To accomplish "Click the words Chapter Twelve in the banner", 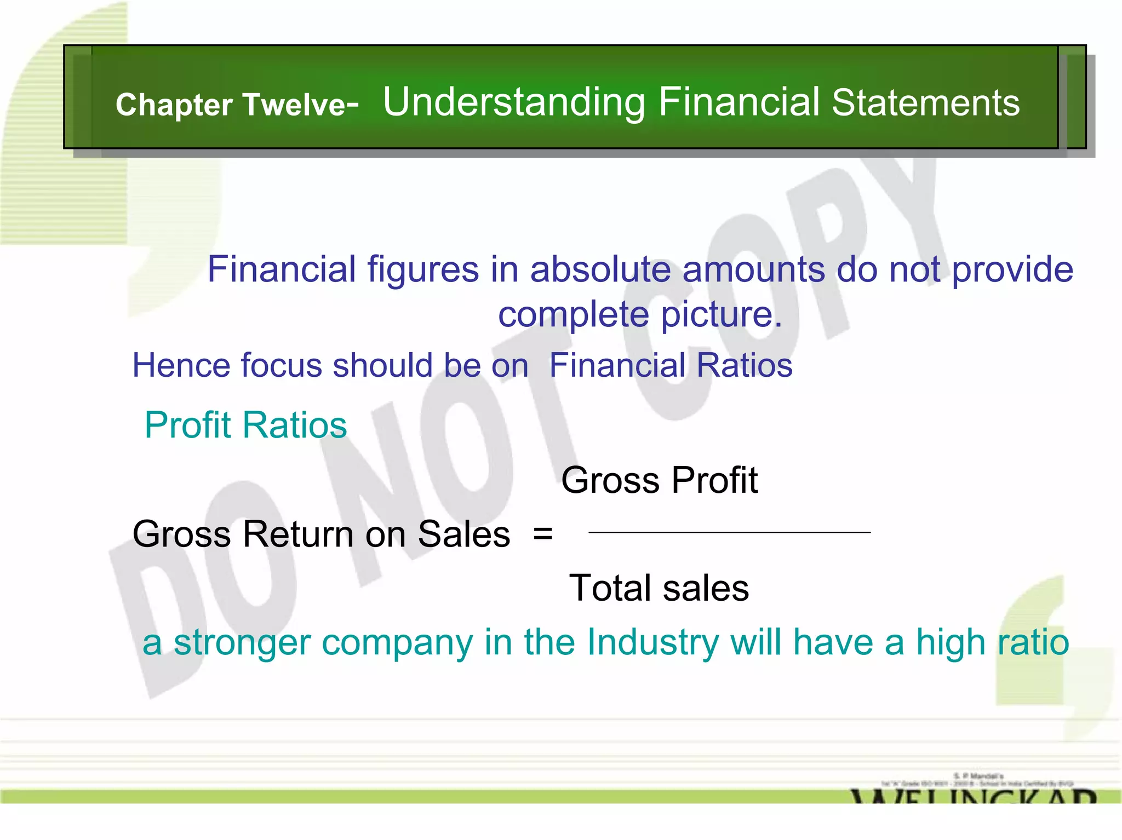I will pyautogui.click(x=237, y=105).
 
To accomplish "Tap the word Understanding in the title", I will pyautogui.click(x=514, y=102).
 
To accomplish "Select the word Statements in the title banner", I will pyautogui.click(x=925, y=102).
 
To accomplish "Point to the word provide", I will pyautogui.click(x=1012, y=269).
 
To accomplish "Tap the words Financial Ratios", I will pyautogui.click(x=671, y=365).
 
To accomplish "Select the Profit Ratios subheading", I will pyautogui.click(x=245, y=425).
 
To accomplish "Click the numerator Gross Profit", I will pyautogui.click(x=659, y=480).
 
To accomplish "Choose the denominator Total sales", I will pyautogui.click(x=659, y=588).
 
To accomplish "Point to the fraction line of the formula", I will pyautogui.click(x=729, y=532).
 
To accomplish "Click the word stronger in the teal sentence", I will pyautogui.click(x=242, y=642).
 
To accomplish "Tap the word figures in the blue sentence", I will pyautogui.click(x=423, y=269).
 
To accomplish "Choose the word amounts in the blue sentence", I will pyautogui.click(x=753, y=269).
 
